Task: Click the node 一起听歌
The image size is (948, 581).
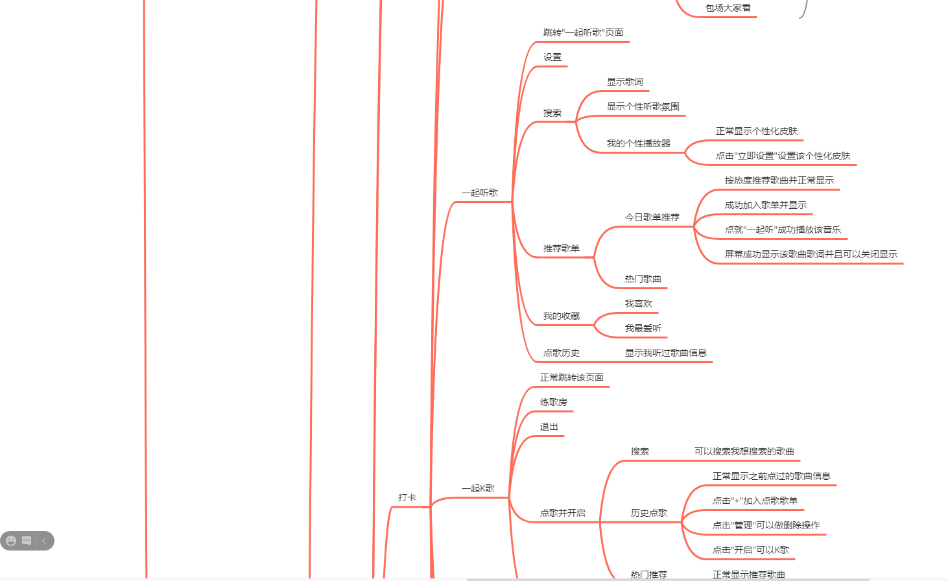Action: click(480, 193)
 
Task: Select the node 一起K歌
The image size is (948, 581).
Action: click(478, 488)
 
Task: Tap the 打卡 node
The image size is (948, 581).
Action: click(407, 497)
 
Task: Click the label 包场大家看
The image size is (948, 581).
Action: click(728, 8)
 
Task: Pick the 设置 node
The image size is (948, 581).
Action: click(552, 57)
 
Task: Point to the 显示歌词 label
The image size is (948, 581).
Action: click(625, 82)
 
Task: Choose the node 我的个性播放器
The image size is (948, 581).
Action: click(639, 143)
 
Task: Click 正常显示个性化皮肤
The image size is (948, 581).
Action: click(757, 131)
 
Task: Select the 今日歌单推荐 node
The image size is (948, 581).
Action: click(652, 217)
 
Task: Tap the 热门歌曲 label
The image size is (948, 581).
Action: click(643, 279)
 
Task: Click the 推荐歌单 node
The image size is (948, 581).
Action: click(562, 248)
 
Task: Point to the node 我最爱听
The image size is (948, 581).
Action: click(643, 328)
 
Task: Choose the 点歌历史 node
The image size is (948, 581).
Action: click(562, 353)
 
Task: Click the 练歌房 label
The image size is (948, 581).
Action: click(554, 402)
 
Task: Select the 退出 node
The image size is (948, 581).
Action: click(549, 427)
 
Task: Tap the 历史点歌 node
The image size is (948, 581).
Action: click(649, 513)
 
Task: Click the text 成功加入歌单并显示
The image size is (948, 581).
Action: click(766, 205)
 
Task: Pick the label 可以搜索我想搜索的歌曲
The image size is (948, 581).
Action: click(744, 451)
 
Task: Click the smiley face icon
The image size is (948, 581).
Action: click(11, 541)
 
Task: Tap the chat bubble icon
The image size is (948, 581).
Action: click(27, 541)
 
